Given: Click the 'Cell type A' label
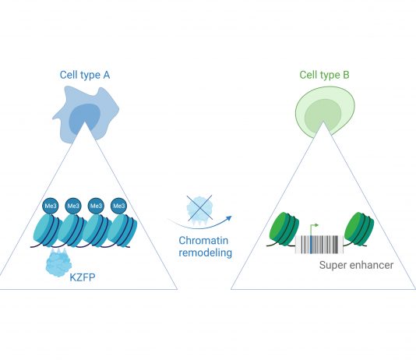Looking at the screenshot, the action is click(x=85, y=75).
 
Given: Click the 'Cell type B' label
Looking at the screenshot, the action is click(x=324, y=75).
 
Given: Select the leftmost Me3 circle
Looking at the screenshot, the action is click(x=51, y=206).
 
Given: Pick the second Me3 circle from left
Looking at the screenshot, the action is click(x=73, y=206).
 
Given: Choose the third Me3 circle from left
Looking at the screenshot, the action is click(x=96, y=206).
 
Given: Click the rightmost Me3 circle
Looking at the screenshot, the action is click(x=119, y=206).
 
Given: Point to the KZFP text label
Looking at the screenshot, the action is click(x=83, y=277).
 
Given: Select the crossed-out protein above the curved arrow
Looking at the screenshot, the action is click(x=199, y=209).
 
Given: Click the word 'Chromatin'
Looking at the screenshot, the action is click(x=203, y=240).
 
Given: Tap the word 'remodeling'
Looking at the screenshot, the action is click(x=206, y=252).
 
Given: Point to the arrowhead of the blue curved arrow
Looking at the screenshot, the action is click(x=229, y=218).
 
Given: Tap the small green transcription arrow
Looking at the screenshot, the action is click(x=313, y=228).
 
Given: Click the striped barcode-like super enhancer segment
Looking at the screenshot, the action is click(x=319, y=245).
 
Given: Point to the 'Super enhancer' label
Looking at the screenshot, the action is click(x=356, y=265).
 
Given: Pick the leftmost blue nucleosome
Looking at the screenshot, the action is click(x=48, y=231).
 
